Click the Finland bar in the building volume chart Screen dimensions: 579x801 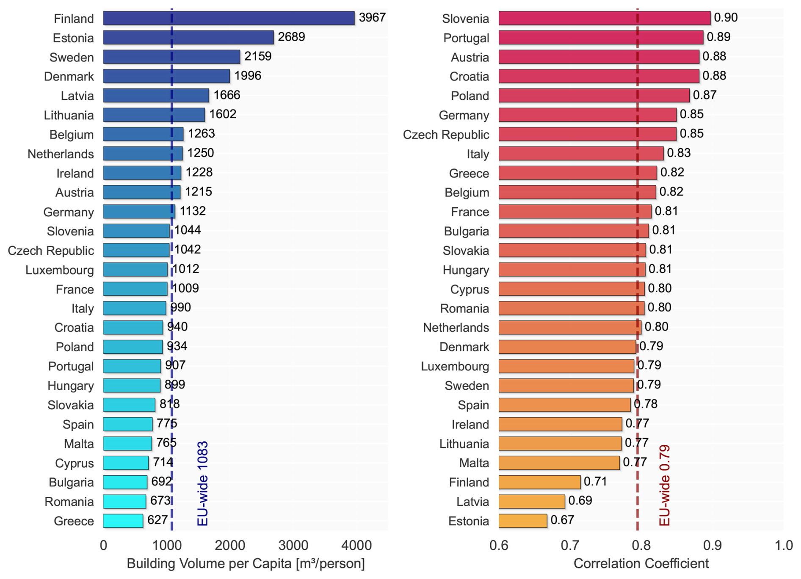click(229, 18)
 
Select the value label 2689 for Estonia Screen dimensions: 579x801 click(291, 37)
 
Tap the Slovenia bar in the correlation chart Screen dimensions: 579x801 click(604, 18)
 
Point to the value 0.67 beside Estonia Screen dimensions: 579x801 click(562, 520)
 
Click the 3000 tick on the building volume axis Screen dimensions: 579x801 click(293, 545)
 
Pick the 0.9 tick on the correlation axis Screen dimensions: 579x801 click(713, 545)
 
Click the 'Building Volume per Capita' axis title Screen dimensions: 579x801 click(246, 564)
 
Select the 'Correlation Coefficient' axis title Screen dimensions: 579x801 click(641, 564)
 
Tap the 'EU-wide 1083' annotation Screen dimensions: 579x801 click(203, 483)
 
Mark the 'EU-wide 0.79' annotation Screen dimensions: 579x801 click(665, 485)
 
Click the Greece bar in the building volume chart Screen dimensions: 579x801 click(123, 521)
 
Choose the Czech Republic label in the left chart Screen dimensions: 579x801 click(51, 251)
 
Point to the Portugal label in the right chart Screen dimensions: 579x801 click(466, 38)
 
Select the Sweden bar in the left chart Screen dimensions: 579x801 click(171, 57)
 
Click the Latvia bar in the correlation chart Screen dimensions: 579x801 click(532, 502)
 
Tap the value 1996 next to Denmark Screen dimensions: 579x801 click(248, 76)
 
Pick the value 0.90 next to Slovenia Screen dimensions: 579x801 click(726, 17)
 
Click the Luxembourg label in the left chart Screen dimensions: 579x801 click(60, 270)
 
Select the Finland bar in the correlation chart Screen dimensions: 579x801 click(539, 482)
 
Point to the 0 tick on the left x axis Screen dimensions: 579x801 click(103, 545)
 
